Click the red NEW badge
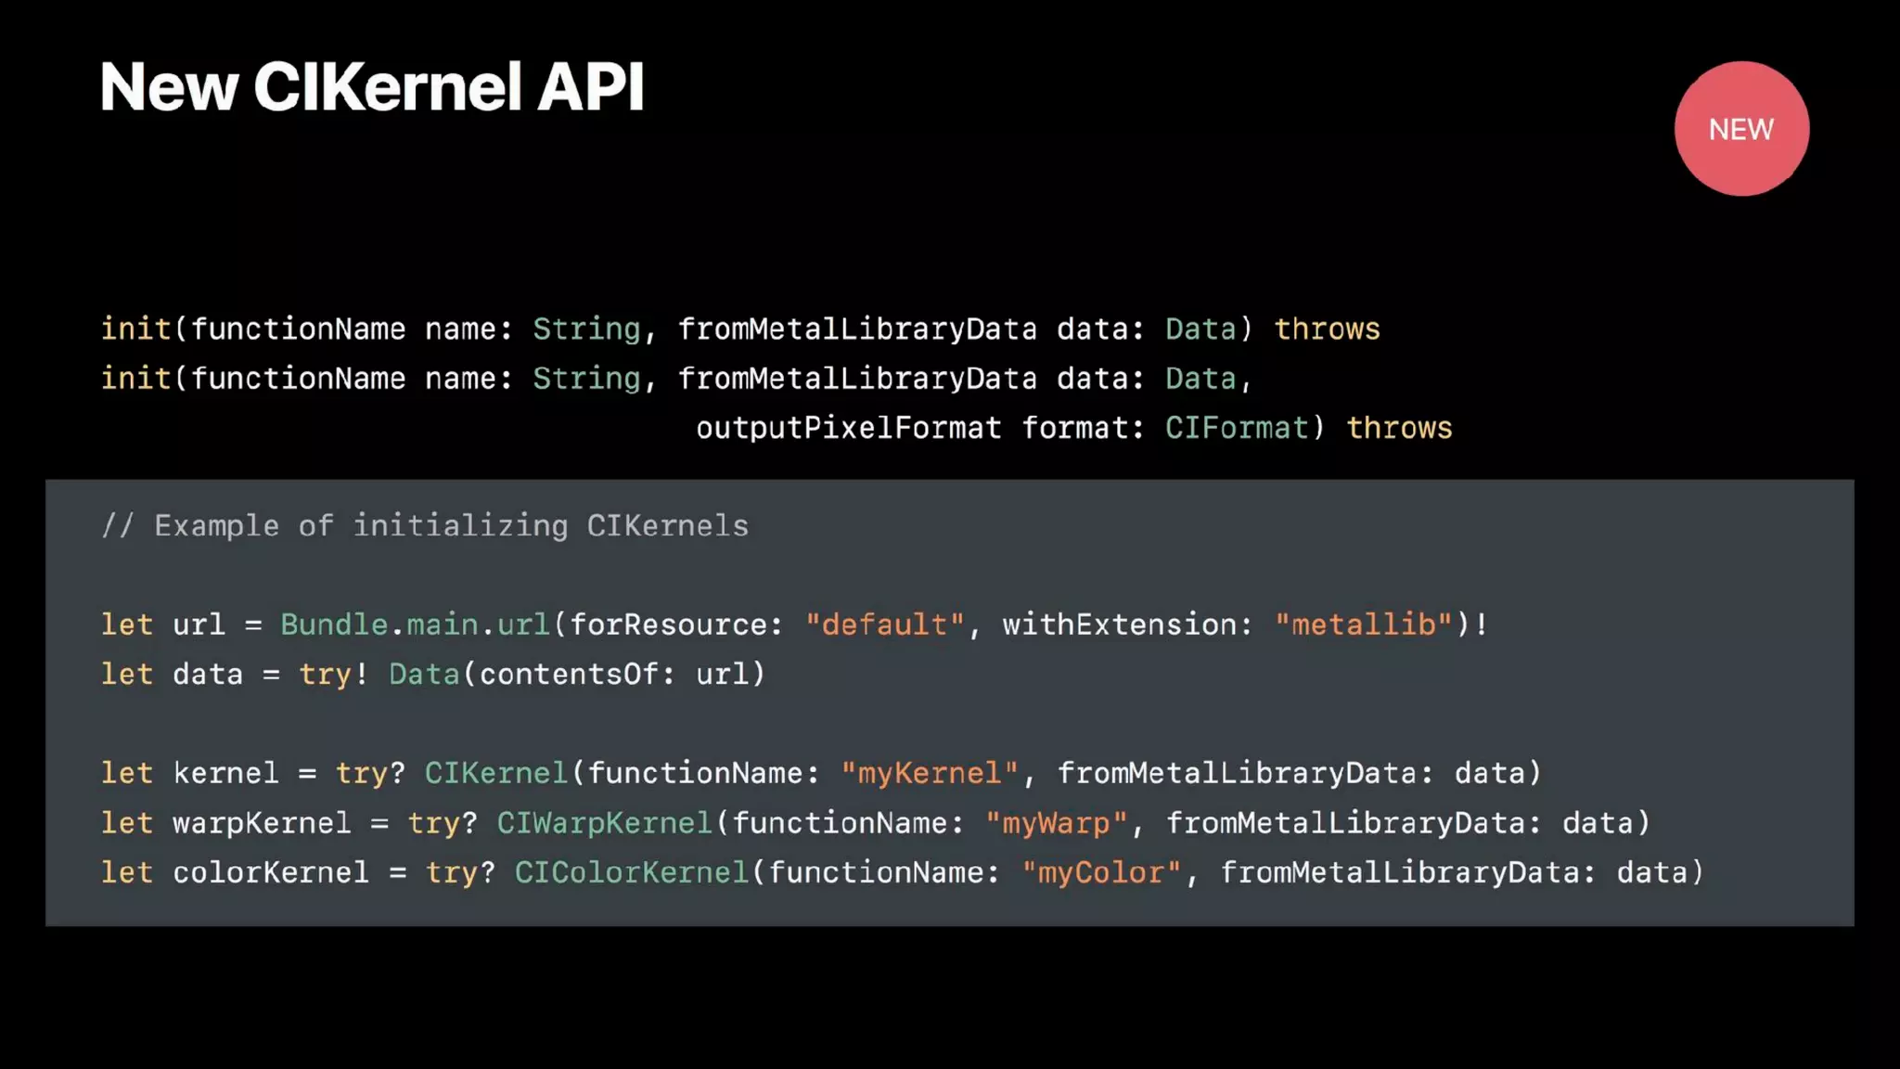[x=1741, y=129]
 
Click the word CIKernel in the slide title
[x=388, y=87]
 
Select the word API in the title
[x=590, y=87]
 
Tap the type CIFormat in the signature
[x=1238, y=428]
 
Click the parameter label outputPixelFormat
[x=849, y=428]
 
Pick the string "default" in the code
[x=885, y=625]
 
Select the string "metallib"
[x=1363, y=625]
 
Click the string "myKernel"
[x=930, y=773]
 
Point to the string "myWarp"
[x=1056, y=823]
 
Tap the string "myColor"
[x=1101, y=872]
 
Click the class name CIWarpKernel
[x=604, y=823]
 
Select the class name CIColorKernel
[x=632, y=872]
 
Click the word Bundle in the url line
[x=334, y=625]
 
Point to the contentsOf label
[x=569, y=674]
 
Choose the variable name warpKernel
[x=262, y=823]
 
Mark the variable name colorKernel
[x=271, y=872]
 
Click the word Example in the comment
[x=216, y=526]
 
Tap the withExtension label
[x=1119, y=625]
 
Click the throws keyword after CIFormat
[x=1399, y=428]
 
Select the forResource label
[x=669, y=625]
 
